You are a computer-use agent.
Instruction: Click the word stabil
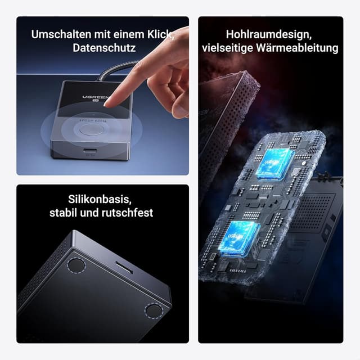pos(65,213)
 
